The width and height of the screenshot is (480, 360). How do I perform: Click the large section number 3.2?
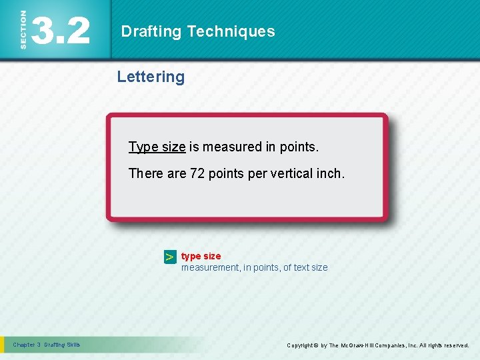tap(60, 31)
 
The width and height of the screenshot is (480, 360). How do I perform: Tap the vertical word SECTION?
tap(23, 30)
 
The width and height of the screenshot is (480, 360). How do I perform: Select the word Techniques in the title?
tap(231, 31)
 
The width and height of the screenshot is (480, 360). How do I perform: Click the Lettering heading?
tap(151, 77)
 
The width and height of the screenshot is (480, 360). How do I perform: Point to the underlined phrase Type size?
tap(157, 147)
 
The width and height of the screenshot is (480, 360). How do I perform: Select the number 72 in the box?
tap(197, 173)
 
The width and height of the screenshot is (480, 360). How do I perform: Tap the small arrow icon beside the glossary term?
tap(170, 257)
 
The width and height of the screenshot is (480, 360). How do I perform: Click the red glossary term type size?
tap(201, 256)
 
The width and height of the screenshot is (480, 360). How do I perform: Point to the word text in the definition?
tap(302, 267)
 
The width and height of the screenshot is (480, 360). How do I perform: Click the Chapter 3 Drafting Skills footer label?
tap(46, 345)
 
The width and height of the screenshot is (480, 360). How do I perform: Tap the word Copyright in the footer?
tap(302, 345)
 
